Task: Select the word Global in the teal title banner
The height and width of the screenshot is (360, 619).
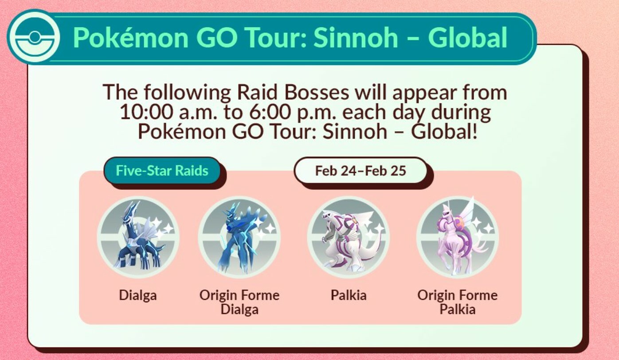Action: pos(468,38)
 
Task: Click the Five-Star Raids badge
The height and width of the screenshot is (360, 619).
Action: pos(162,171)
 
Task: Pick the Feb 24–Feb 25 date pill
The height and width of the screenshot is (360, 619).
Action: pos(360,171)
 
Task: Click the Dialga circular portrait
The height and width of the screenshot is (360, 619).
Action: pos(138,237)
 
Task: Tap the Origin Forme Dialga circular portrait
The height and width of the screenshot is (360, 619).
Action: pos(239,237)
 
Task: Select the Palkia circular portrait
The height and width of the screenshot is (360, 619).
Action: pos(348,237)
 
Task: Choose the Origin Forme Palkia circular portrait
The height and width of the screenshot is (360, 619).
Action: pos(457,237)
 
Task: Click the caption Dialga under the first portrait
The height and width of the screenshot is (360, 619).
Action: pos(138,295)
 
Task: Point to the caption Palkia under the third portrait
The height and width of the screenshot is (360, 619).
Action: pos(349,295)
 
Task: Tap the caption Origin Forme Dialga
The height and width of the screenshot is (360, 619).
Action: pos(239,302)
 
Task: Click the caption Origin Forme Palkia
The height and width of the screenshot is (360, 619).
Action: pos(458,302)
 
